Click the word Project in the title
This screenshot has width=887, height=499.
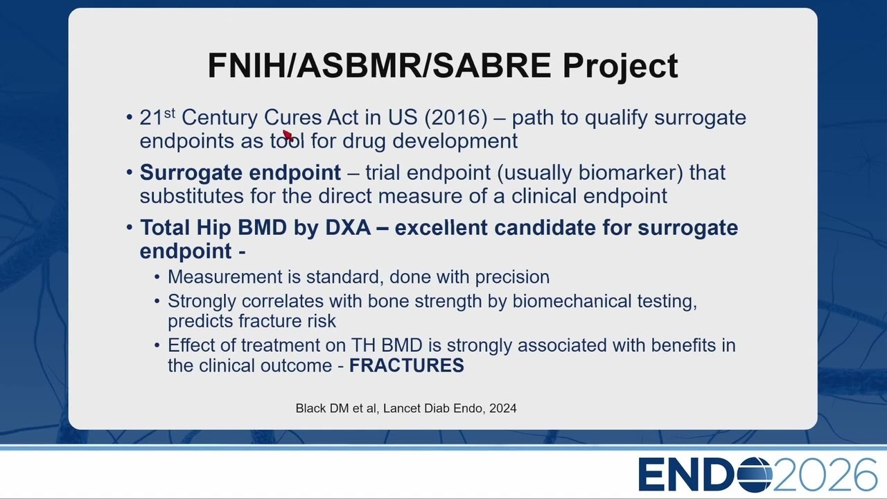tap(620, 67)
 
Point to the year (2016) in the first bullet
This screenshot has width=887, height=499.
tap(456, 117)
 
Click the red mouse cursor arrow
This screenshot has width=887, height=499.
tap(288, 135)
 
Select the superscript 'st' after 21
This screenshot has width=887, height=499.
tap(170, 113)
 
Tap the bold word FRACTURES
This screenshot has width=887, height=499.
tap(406, 365)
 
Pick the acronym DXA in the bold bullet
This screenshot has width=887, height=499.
tap(348, 228)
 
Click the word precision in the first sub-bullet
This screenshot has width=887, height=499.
tap(512, 277)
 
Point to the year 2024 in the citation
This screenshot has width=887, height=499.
tap(503, 408)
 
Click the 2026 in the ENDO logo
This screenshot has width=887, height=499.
tap(825, 475)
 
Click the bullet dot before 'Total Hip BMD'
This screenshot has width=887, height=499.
tap(129, 228)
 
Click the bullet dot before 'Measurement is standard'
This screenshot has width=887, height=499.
tap(157, 277)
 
